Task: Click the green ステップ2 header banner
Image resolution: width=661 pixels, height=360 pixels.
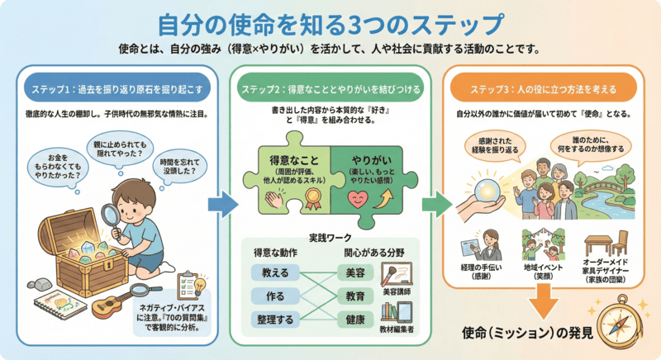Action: pyautogui.click(x=330, y=88)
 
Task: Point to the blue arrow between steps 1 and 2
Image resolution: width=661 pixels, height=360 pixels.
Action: pyautogui.click(x=217, y=203)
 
